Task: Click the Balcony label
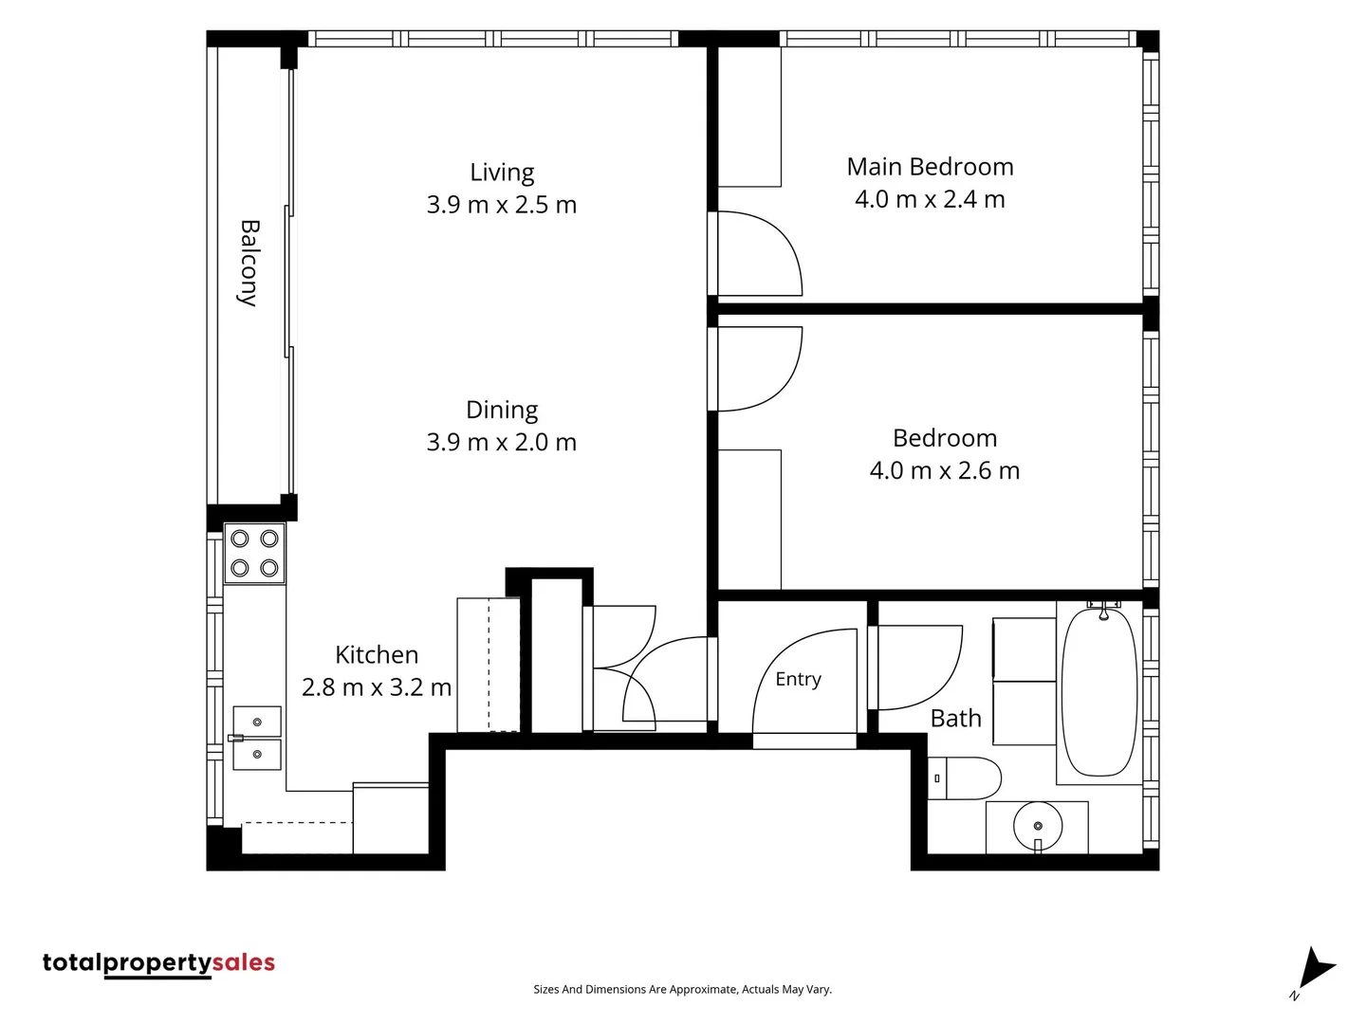tap(249, 263)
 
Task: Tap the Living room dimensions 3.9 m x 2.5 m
tap(502, 205)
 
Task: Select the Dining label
tap(502, 410)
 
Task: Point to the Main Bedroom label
tap(930, 167)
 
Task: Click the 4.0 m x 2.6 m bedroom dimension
tap(945, 470)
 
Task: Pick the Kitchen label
tap(377, 654)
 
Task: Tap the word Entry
tap(798, 679)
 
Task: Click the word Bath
tap(956, 719)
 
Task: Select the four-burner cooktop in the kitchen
tap(254, 554)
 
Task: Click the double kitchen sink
tap(256, 738)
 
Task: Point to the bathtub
tap(1099, 692)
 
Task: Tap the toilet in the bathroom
tap(964, 777)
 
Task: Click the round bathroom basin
tap(1038, 827)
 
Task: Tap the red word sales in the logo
tap(244, 962)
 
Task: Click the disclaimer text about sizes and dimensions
tap(682, 989)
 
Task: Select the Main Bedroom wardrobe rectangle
tap(749, 117)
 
